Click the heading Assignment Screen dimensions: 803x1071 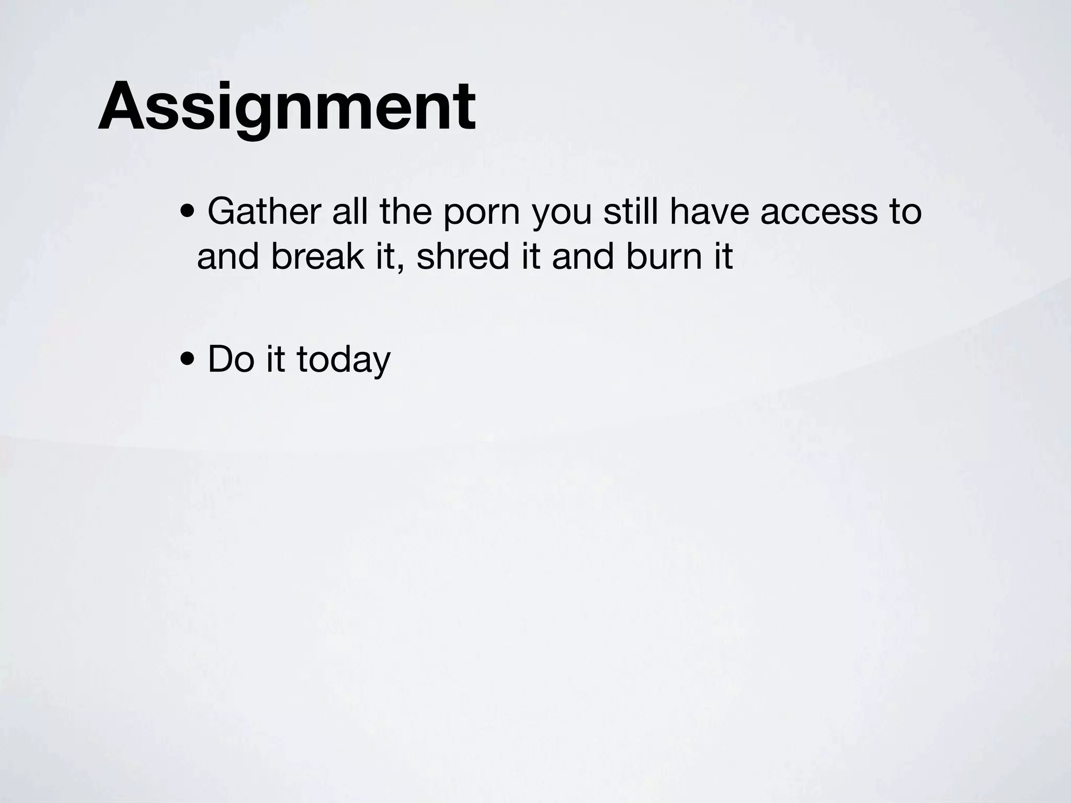pyautogui.click(x=287, y=107)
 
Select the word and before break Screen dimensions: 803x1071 pyautogui.click(x=228, y=257)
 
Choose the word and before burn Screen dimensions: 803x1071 pyautogui.click(x=583, y=257)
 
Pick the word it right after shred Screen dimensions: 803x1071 pyautogui.click(x=531, y=257)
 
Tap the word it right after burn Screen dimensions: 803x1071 pyautogui.click(x=724, y=257)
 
